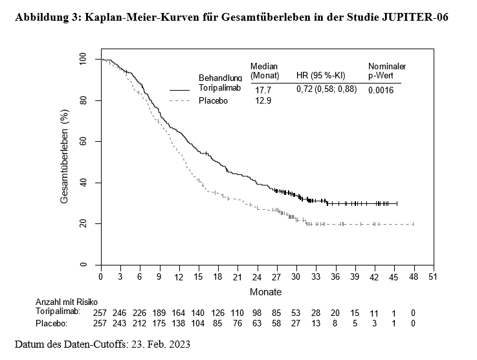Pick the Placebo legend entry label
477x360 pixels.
[213, 100]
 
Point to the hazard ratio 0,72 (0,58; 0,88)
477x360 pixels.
[327, 89]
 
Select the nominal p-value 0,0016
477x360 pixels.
[381, 90]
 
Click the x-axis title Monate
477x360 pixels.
[265, 292]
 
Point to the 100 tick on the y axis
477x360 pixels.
[83, 60]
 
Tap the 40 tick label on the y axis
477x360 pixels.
[83, 183]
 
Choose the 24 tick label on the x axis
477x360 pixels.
[257, 277]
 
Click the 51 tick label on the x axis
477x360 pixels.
[433, 277]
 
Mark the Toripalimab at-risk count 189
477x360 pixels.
[159, 313]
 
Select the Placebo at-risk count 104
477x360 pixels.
[198, 323]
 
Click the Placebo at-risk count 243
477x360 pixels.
[120, 323]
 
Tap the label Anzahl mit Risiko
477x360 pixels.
[60, 302]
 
